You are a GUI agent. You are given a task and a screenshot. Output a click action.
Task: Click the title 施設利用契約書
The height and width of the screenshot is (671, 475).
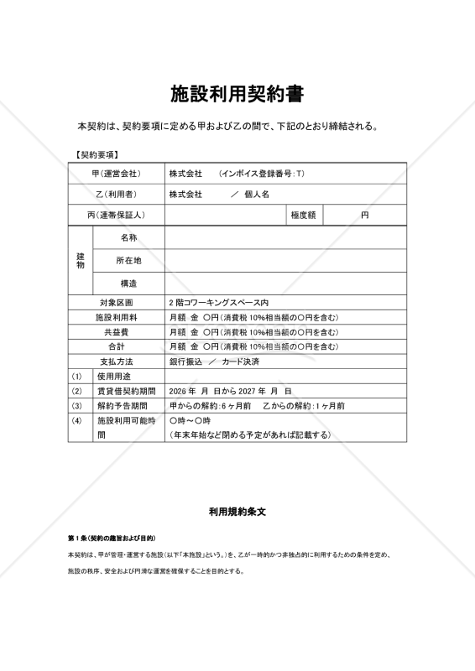point(237,93)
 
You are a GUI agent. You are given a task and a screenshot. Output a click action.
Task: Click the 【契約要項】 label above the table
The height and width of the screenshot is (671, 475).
point(97,155)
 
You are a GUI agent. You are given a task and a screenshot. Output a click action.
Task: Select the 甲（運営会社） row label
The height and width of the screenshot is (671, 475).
point(116,174)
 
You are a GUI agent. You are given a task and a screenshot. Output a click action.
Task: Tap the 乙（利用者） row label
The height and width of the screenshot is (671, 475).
point(116,195)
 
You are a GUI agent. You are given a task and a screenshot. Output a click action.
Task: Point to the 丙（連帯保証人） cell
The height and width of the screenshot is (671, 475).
point(116,216)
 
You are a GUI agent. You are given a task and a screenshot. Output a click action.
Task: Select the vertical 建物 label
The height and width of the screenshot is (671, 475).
point(81,260)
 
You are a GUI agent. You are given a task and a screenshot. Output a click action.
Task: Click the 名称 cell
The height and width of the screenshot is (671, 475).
point(128,238)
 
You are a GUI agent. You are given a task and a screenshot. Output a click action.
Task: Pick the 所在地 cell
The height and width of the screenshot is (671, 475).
point(128,261)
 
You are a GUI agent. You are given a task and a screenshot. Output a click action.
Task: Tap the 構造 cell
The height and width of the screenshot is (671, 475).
point(128,283)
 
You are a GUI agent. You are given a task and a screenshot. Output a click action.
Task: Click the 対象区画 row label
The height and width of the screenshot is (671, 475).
point(116,302)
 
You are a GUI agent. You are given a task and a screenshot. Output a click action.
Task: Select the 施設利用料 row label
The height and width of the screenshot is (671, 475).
point(116,317)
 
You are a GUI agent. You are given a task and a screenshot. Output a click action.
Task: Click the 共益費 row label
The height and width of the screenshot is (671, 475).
point(116,332)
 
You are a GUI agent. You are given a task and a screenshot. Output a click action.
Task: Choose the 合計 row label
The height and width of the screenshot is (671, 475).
point(116,346)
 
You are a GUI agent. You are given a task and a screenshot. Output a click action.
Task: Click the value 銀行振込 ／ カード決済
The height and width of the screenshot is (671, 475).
point(214,362)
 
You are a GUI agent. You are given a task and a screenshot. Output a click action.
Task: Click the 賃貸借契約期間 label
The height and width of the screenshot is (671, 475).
point(126,391)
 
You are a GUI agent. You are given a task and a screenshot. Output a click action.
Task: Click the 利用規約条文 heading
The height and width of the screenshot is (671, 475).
point(237,510)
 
